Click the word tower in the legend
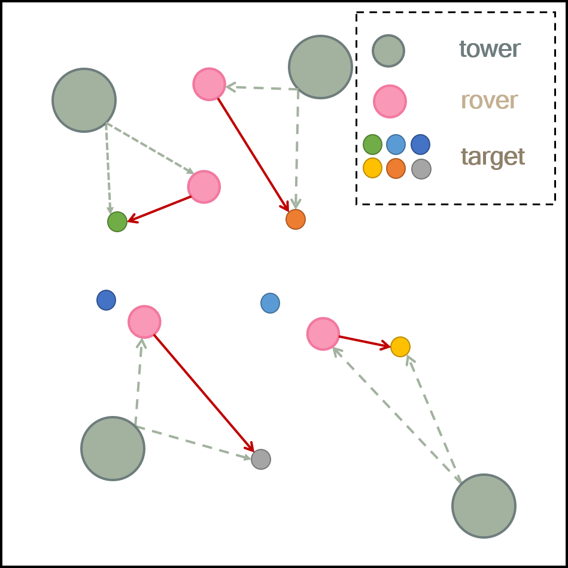pos(490,49)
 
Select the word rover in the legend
pos(489,101)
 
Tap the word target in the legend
pos(493,157)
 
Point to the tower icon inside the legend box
pos(388,50)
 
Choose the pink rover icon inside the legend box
pos(390,101)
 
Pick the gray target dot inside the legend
pos(421,169)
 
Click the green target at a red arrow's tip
pos(117,221)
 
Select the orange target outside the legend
pos(296,220)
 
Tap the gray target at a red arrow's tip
pos(261,459)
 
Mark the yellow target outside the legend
pos(400,347)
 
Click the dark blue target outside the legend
pos(106,300)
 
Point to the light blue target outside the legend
pos(270,303)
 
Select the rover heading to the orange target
pos(209,84)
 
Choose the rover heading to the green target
pos(204,187)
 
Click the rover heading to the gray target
pos(144,321)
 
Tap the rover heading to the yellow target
pos(323,333)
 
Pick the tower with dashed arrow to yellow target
pos(484,506)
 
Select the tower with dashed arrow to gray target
pos(113,448)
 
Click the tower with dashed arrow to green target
pos(84,100)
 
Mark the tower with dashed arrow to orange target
pos(320,67)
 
